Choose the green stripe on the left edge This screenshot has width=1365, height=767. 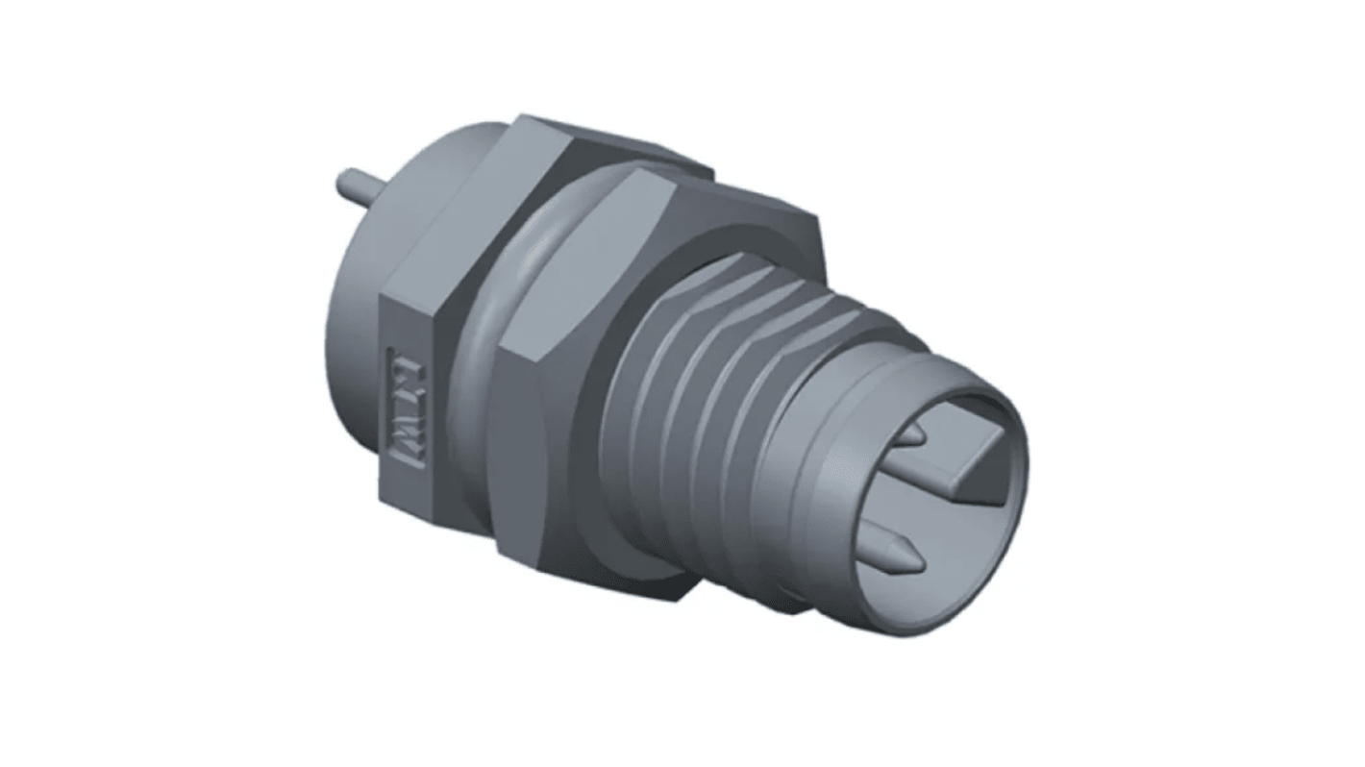pos(28,383)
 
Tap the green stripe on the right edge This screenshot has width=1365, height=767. pos(1337,383)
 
